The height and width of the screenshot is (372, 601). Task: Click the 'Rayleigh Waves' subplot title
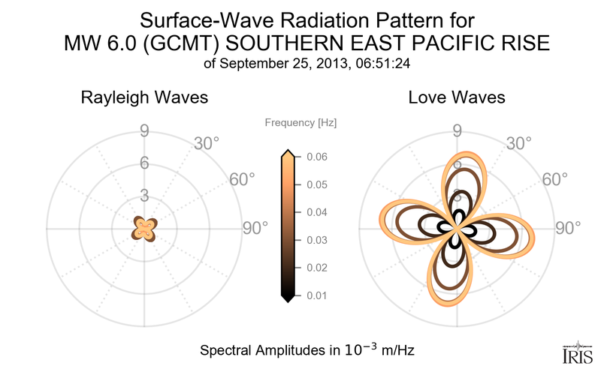click(144, 98)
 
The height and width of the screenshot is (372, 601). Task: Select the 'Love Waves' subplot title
click(457, 98)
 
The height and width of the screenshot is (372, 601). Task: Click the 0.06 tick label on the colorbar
click(317, 157)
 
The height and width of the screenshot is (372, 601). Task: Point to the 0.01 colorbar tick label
click(317, 295)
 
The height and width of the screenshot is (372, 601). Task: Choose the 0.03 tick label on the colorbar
click(317, 240)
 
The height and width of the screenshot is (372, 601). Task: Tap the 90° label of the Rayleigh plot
click(255, 228)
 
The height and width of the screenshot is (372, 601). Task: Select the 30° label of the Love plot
click(518, 142)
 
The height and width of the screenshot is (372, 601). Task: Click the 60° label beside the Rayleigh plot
click(241, 179)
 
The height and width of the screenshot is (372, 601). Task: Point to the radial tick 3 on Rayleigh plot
click(143, 196)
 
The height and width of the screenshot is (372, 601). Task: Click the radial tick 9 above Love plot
click(457, 132)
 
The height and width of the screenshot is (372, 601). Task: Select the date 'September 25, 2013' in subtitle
click(297, 64)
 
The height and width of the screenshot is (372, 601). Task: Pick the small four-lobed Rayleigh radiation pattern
click(143, 227)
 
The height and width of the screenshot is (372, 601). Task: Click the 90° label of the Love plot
click(569, 228)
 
